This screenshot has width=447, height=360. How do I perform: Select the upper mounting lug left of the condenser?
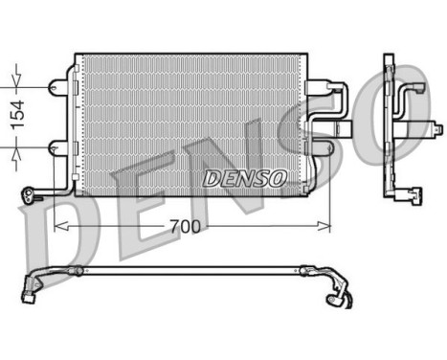60,86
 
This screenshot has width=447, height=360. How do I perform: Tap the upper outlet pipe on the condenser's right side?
341,97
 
